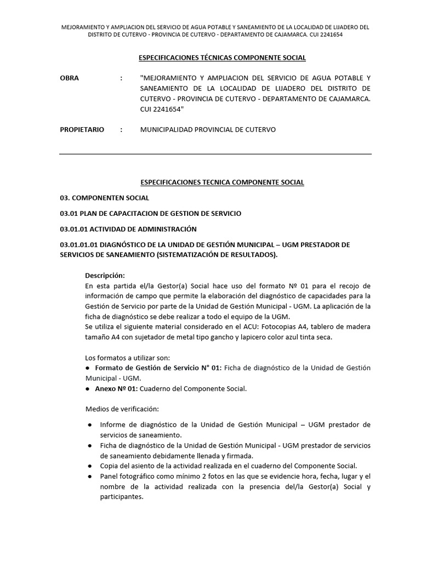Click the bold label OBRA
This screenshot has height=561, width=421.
69,78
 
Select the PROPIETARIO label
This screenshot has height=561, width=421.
81,130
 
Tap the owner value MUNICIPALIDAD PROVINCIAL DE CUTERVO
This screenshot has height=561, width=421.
208,130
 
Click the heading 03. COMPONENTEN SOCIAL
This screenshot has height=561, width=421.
104,198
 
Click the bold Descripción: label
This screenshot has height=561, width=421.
105,275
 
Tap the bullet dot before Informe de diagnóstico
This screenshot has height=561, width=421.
89,425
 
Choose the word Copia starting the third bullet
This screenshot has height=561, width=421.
109,466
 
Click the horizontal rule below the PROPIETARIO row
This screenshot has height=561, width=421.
215,154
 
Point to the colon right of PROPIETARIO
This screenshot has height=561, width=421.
121,130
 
